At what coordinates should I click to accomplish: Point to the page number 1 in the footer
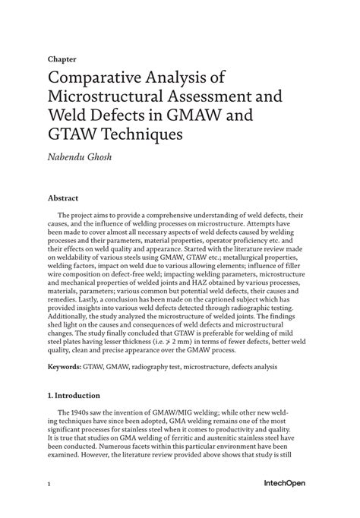click(49, 483)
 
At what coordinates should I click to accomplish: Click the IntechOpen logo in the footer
click(286, 483)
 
